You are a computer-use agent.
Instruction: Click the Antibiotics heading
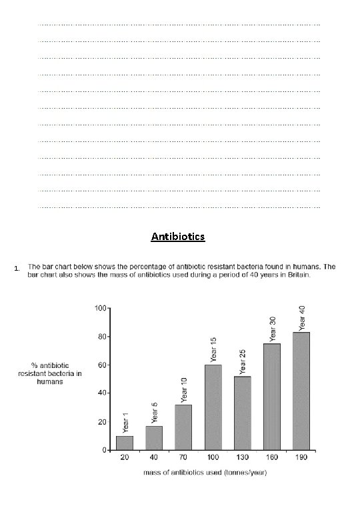click(x=178, y=237)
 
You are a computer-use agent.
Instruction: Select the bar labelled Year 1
click(x=125, y=443)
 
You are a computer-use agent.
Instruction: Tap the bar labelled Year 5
click(x=154, y=438)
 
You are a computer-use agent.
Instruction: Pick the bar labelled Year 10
click(x=183, y=427)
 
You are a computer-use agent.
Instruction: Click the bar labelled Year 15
click(x=213, y=407)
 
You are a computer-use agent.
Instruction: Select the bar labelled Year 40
click(x=301, y=391)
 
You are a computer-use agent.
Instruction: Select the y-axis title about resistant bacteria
click(x=50, y=373)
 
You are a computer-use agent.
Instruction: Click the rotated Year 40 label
click(x=302, y=318)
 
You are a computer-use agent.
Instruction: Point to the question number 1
click(x=22, y=269)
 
